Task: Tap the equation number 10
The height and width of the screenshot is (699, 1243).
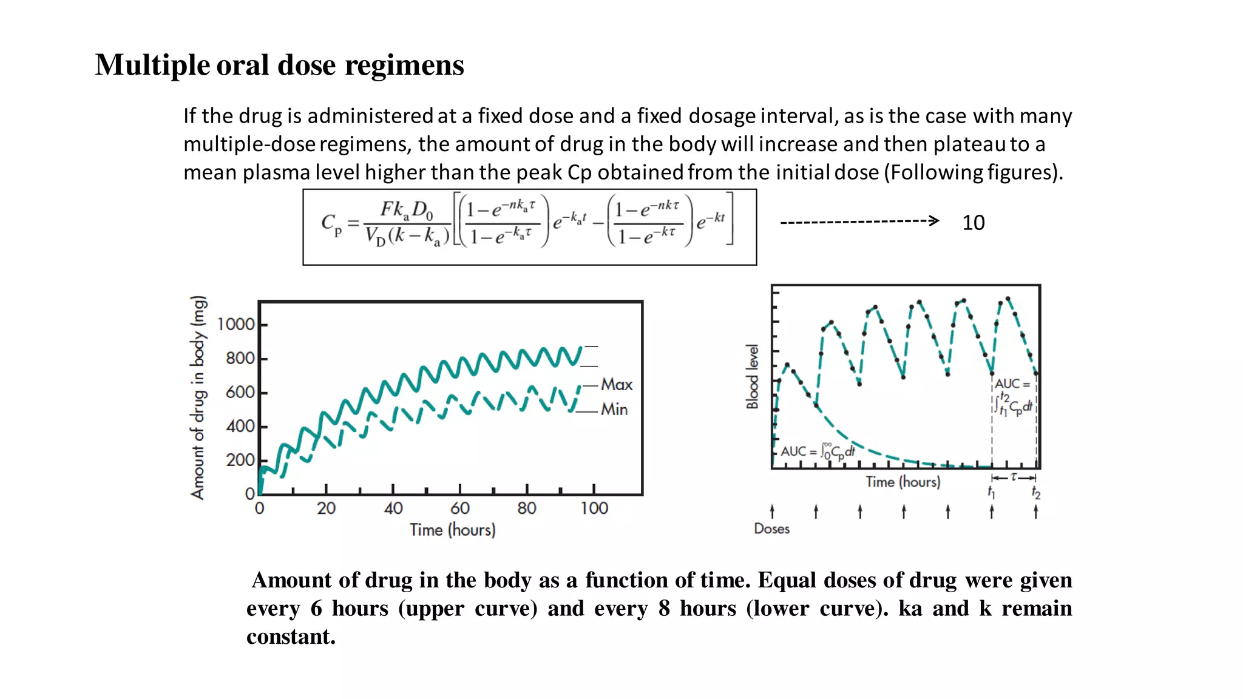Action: click(973, 223)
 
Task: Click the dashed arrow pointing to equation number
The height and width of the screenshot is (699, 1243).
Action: click(859, 221)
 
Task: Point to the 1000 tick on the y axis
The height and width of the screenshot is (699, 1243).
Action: click(236, 325)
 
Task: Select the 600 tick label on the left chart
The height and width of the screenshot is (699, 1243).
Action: click(240, 393)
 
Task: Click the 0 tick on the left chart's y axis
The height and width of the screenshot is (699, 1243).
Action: click(249, 494)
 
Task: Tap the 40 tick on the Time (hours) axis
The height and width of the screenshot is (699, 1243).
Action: click(393, 508)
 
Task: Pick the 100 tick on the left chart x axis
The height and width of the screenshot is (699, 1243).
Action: click(594, 508)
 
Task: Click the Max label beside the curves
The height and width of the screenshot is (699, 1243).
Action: click(617, 385)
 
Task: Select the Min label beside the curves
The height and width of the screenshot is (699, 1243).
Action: click(614, 410)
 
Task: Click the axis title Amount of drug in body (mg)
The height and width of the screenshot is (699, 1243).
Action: click(198, 397)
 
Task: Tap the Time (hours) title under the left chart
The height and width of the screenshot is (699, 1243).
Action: click(452, 530)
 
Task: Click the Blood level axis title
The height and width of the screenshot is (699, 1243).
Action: click(753, 377)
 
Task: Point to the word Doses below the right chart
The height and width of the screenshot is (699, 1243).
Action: click(771, 529)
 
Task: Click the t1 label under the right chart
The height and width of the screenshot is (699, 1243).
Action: click(991, 492)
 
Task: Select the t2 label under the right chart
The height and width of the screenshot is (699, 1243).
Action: click(1036, 493)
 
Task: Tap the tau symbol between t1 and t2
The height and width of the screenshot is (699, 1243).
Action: click(1014, 478)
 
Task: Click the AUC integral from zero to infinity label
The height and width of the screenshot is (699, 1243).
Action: click(818, 451)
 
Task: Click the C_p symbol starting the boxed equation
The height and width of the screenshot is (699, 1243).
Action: click(331, 225)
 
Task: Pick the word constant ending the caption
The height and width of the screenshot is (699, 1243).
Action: click(291, 637)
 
